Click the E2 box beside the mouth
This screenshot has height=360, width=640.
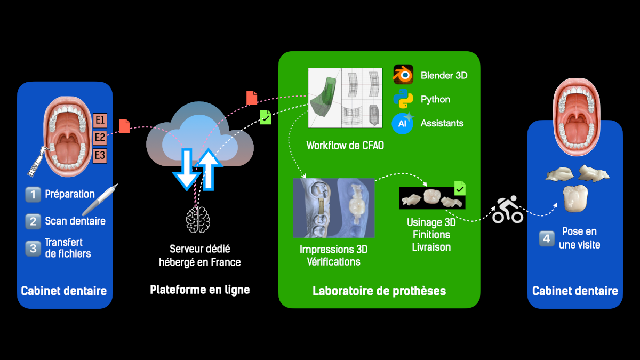[100, 138]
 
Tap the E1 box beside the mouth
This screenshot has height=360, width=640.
[100, 120]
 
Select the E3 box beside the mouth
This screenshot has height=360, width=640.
[100, 156]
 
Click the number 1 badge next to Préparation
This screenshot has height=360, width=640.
[33, 195]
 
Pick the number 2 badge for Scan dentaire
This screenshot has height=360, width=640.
[33, 221]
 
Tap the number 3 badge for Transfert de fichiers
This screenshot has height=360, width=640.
[33, 248]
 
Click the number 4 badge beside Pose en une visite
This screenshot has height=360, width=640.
[546, 238]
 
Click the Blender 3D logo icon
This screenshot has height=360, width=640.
[403, 75]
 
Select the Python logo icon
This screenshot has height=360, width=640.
[403, 99]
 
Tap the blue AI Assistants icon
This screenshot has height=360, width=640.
[403, 123]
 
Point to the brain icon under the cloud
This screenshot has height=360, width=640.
[197, 219]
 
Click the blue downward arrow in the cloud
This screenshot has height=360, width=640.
[187, 168]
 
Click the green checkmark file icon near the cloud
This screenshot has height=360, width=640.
[265, 117]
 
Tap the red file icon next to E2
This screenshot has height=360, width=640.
[124, 126]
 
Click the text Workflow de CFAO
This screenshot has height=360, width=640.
[345, 146]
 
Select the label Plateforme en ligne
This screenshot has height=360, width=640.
[199, 290]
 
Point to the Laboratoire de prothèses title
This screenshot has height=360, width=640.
[379, 291]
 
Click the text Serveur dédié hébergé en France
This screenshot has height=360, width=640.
[200, 255]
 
